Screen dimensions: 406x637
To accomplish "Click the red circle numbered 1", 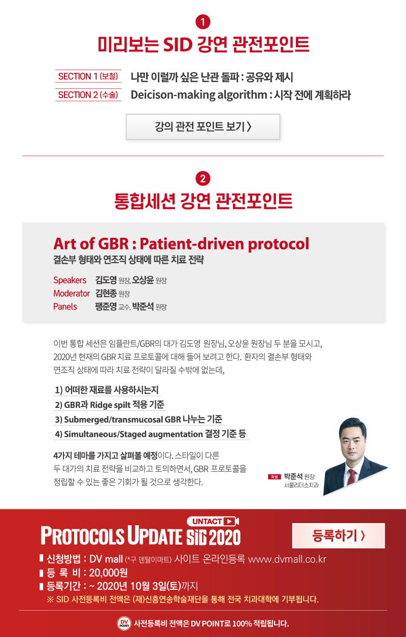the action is coord(203,22).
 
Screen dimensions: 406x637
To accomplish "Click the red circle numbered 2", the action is coord(203,179).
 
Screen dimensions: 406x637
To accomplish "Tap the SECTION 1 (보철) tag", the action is coord(88,76).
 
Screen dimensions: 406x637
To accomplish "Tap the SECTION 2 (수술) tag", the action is coord(88,94).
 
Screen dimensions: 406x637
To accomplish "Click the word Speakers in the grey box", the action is coord(70,280).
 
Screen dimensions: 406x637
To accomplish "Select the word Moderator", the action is coord(72,293).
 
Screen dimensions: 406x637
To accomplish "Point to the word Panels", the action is coord(65,306).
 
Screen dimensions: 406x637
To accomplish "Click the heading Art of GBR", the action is coord(91,244).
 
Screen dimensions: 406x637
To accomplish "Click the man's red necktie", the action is coord(352,476).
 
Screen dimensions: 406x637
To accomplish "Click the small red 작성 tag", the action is coord(274,476).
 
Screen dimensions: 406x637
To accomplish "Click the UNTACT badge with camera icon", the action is coord(213,521).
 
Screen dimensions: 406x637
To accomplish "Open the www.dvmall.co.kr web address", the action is coord(287,559).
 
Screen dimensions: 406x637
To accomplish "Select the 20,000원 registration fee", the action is coord(108,572).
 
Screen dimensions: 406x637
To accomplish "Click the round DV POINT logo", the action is coord(124,624).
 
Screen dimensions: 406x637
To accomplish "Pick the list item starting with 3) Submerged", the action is coord(139,419).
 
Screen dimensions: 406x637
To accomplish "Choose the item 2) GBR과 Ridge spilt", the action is coord(110,404).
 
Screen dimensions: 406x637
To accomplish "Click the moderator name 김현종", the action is coord(106,293).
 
